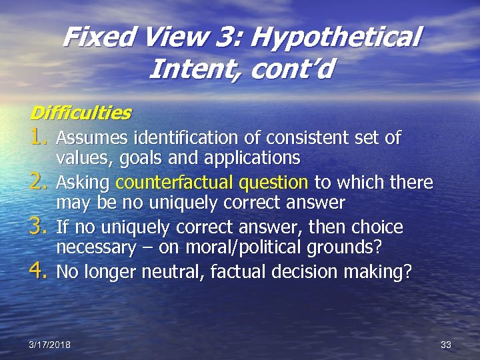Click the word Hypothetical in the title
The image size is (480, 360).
click(336, 37)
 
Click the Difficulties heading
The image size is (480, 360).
click(81, 113)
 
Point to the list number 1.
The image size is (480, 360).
click(39, 138)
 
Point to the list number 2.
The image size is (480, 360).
click(39, 183)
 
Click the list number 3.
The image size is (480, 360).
click(39, 227)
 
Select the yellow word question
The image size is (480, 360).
click(273, 183)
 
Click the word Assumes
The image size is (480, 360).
click(93, 138)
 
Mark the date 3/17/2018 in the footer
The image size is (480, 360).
click(50, 344)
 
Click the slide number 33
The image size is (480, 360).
click(446, 344)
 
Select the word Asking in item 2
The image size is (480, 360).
click(84, 183)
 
